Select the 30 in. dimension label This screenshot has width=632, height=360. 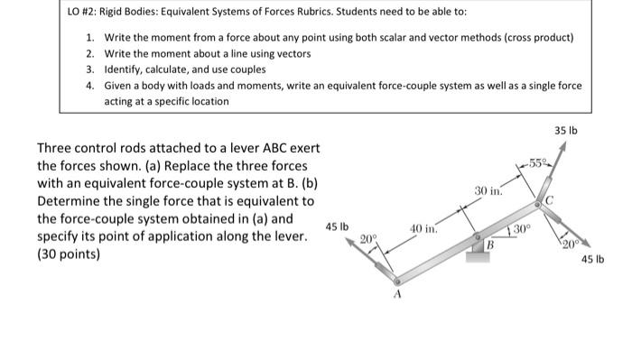click(x=488, y=190)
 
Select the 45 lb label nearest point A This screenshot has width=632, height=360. click(x=337, y=226)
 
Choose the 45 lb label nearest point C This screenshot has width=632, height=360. click(x=593, y=260)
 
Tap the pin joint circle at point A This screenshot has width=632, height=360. click(x=395, y=282)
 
